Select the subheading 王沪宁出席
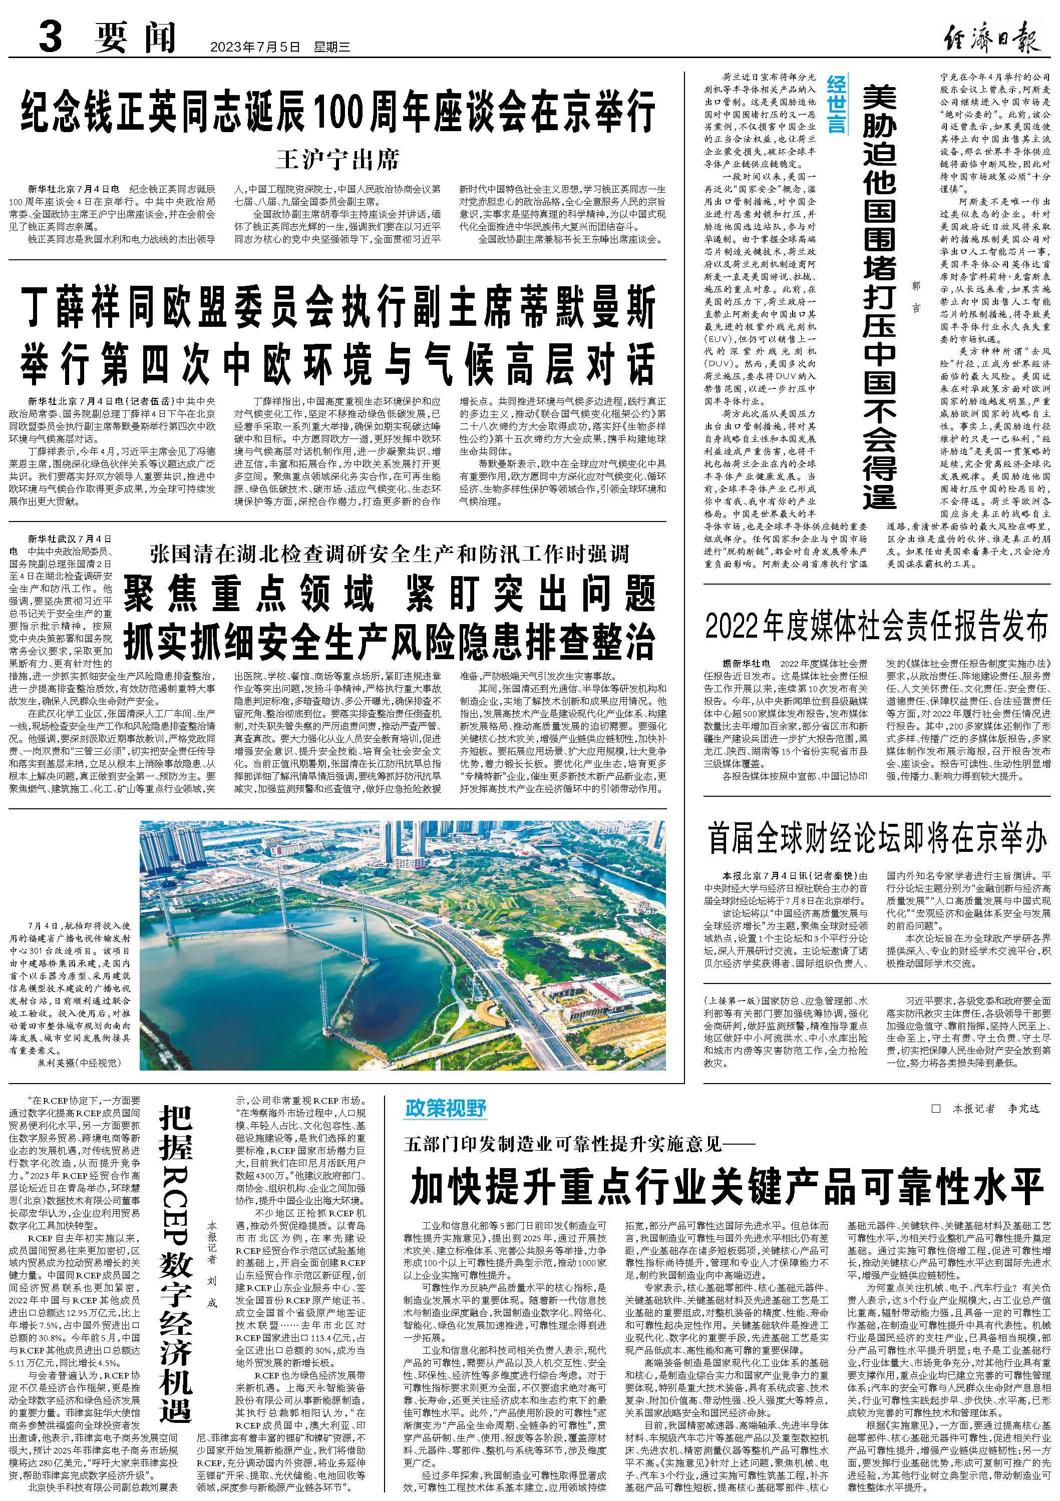[337, 160]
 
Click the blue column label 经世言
[836, 104]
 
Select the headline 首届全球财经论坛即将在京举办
[877, 839]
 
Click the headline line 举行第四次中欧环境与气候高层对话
[337, 361]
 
